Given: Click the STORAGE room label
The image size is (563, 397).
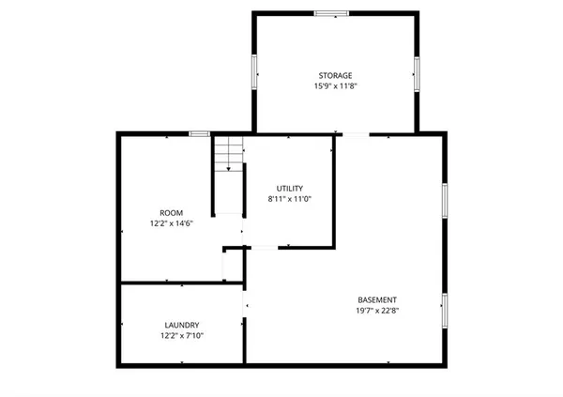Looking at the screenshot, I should click(334, 75).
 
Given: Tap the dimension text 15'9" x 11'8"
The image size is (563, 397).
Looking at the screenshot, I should click(334, 86).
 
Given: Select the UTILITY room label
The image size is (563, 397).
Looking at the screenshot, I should click(289, 188).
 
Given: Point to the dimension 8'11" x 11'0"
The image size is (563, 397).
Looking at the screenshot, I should click(289, 199).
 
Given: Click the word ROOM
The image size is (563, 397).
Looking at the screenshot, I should click(171, 213).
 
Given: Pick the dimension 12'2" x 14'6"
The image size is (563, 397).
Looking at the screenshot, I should click(171, 224).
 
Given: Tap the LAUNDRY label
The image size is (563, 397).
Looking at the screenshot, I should click(181, 325).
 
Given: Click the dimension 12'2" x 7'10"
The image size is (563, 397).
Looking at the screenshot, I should click(181, 336).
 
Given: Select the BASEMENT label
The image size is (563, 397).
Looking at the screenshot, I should click(375, 299).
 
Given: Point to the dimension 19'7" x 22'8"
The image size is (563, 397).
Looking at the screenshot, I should click(375, 311).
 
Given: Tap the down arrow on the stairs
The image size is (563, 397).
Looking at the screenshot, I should click(228, 167).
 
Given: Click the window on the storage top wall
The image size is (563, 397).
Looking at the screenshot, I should click(331, 13).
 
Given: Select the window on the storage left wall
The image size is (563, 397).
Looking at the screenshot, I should click(254, 71).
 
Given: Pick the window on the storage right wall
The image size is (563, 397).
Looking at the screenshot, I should click(416, 71).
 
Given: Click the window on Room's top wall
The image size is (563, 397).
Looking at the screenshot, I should click(199, 134).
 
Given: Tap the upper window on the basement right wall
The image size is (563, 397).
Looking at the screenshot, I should click(443, 199).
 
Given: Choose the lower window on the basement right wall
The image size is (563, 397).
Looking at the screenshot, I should click(443, 311).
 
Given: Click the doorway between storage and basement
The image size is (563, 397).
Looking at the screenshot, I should click(356, 134).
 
